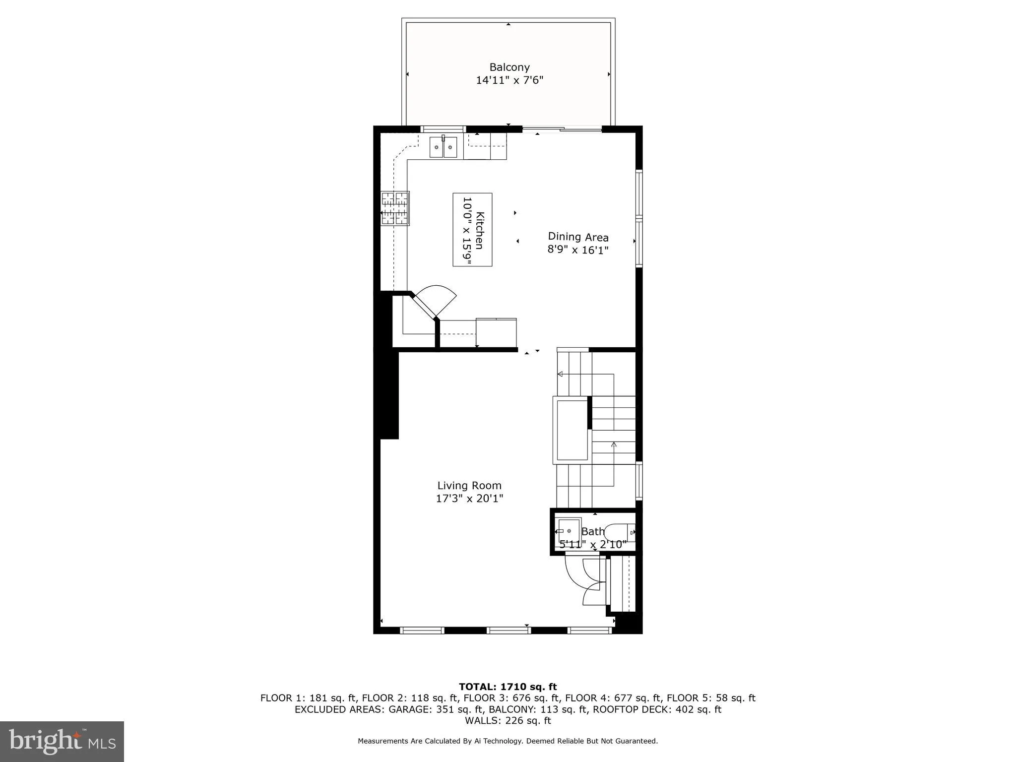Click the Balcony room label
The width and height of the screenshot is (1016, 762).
click(x=509, y=67)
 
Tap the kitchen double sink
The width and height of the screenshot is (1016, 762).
click(x=443, y=147)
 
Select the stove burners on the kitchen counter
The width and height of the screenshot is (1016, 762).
click(x=395, y=208)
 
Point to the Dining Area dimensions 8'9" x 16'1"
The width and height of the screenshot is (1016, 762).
click(x=577, y=250)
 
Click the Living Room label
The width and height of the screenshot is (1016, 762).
click(x=469, y=486)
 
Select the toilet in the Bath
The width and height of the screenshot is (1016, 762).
click(x=620, y=532)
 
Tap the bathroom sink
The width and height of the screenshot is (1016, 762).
click(x=569, y=531)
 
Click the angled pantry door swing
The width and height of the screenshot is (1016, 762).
click(x=436, y=300)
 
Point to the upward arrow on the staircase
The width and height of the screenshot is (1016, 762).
click(x=614, y=444)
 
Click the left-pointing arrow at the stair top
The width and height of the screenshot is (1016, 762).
click(x=560, y=374)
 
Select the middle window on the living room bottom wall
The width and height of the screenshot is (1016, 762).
click(x=508, y=631)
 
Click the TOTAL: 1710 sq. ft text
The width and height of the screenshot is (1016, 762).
click(x=508, y=687)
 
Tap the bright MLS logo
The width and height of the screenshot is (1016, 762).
click(x=62, y=741)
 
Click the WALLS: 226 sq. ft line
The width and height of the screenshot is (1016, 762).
click(x=508, y=720)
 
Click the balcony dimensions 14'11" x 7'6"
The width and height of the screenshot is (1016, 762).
click(x=509, y=80)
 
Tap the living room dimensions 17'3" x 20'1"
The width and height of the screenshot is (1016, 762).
click(x=469, y=499)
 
